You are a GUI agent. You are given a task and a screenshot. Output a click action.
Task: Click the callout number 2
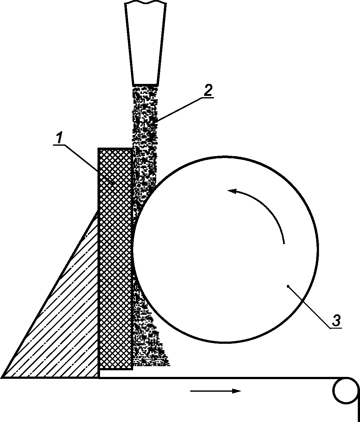point(208,91)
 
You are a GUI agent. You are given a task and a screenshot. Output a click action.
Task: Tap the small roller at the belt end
point(345,390)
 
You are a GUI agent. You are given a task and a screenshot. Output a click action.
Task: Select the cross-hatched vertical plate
point(115,259)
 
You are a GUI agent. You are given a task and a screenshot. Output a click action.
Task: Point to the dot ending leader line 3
point(288,286)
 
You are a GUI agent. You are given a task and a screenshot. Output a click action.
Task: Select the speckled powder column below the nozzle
point(145,126)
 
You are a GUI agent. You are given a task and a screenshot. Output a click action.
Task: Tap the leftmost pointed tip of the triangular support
point(3,377)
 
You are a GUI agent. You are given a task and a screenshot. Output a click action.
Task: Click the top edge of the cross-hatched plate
point(115,149)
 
